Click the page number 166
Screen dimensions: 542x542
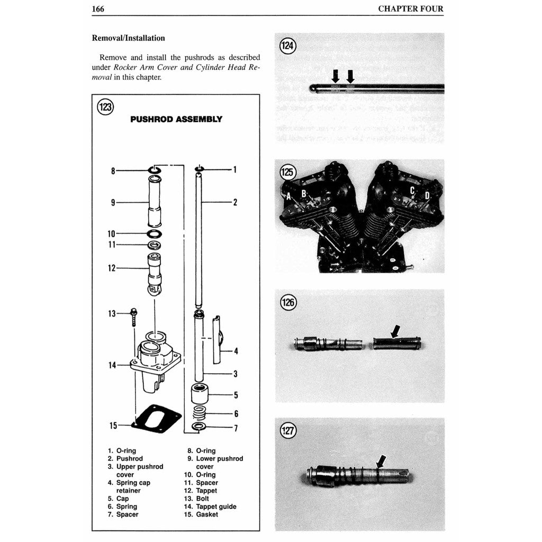click(x=97, y=8)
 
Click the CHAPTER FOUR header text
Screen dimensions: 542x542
click(x=411, y=8)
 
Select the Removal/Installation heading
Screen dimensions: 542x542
click(x=128, y=38)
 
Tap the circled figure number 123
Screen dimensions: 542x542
click(x=105, y=107)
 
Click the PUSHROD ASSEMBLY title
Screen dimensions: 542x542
click(x=176, y=119)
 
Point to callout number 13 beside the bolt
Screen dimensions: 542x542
click(x=112, y=313)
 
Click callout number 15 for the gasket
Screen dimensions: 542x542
click(x=113, y=425)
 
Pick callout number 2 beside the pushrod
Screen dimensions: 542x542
click(x=235, y=202)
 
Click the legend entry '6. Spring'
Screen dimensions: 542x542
click(x=123, y=507)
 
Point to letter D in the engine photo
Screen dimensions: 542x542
click(x=427, y=196)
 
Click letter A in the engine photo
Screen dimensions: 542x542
click(x=289, y=196)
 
